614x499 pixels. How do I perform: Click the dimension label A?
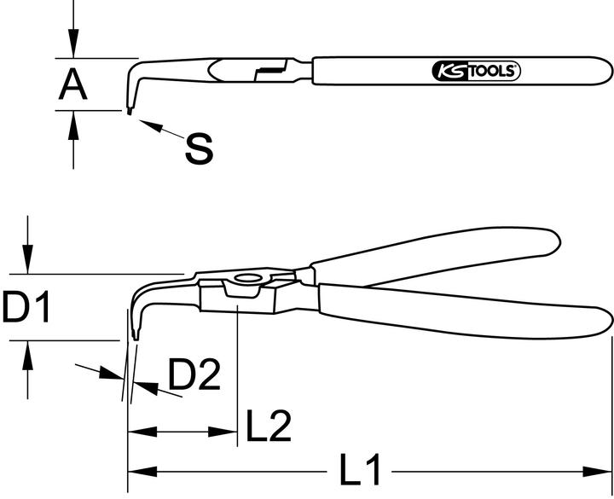[74, 84]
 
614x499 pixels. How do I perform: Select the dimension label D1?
[26, 307]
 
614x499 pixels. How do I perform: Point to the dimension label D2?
[194, 375]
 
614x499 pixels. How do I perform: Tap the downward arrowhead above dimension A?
[74, 48]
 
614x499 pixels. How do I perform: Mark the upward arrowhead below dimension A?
[74, 121]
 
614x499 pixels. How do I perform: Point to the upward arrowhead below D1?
[29, 351]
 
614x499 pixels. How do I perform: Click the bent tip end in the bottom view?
[135, 335]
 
